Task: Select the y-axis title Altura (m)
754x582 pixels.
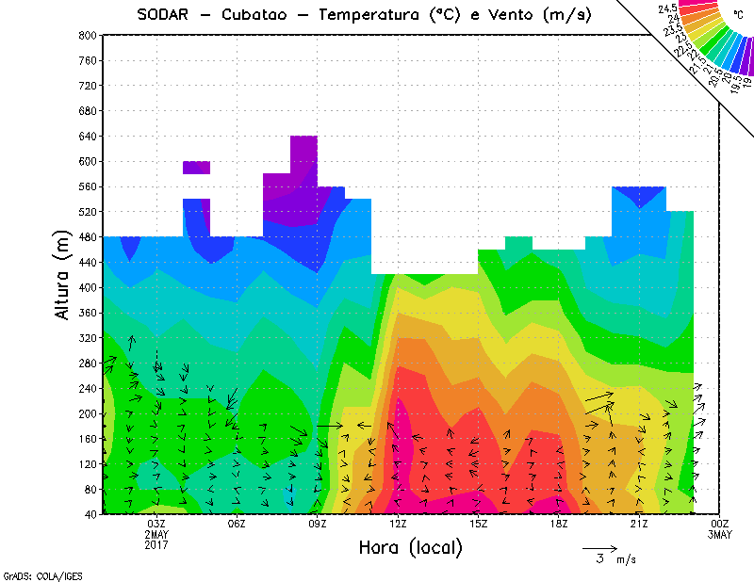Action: pos(63,273)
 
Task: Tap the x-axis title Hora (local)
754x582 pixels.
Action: pos(410,547)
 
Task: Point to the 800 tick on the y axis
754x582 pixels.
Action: pos(87,35)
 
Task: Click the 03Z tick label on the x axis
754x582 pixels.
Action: pos(156,524)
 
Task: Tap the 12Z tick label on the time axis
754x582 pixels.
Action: pos(398,524)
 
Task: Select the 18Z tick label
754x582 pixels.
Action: pos(559,524)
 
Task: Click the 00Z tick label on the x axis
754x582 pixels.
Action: pos(720,524)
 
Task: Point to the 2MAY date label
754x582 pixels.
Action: pos(156,534)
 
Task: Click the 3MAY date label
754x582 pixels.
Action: pos(720,534)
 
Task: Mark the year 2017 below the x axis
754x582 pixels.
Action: pos(156,544)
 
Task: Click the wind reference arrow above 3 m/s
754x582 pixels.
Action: pos(599,547)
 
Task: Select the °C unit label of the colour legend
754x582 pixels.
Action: pos(737,15)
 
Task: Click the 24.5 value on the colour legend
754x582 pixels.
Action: pos(670,8)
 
